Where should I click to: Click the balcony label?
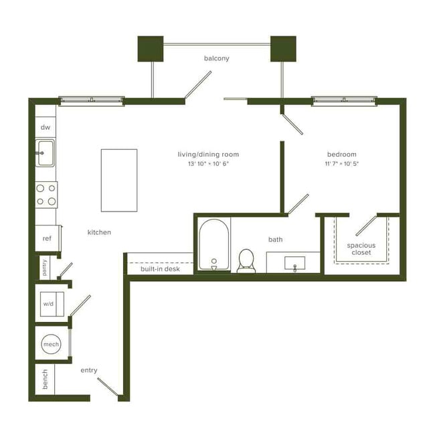coord(216,58)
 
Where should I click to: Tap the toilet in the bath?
coord(246,260)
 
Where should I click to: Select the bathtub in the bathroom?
coord(214,244)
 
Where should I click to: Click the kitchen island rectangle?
coord(119,179)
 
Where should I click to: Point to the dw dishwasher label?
coord(46,127)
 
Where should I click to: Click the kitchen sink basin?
coord(46,153)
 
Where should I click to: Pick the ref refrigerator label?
coord(47,238)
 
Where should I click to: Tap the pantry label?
coord(45,268)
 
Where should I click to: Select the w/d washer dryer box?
coord(50,303)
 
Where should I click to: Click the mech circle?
coord(51,344)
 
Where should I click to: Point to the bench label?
coord(45,378)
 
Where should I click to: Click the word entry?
coord(89,369)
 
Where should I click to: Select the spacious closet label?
coord(361,249)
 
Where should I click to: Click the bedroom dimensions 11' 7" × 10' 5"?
coord(342,164)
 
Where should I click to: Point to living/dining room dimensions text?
coord(208,164)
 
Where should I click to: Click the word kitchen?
coord(99,232)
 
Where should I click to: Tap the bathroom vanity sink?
coord(294,263)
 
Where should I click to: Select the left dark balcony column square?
coord(151,48)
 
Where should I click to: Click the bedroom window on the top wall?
coord(344,101)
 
